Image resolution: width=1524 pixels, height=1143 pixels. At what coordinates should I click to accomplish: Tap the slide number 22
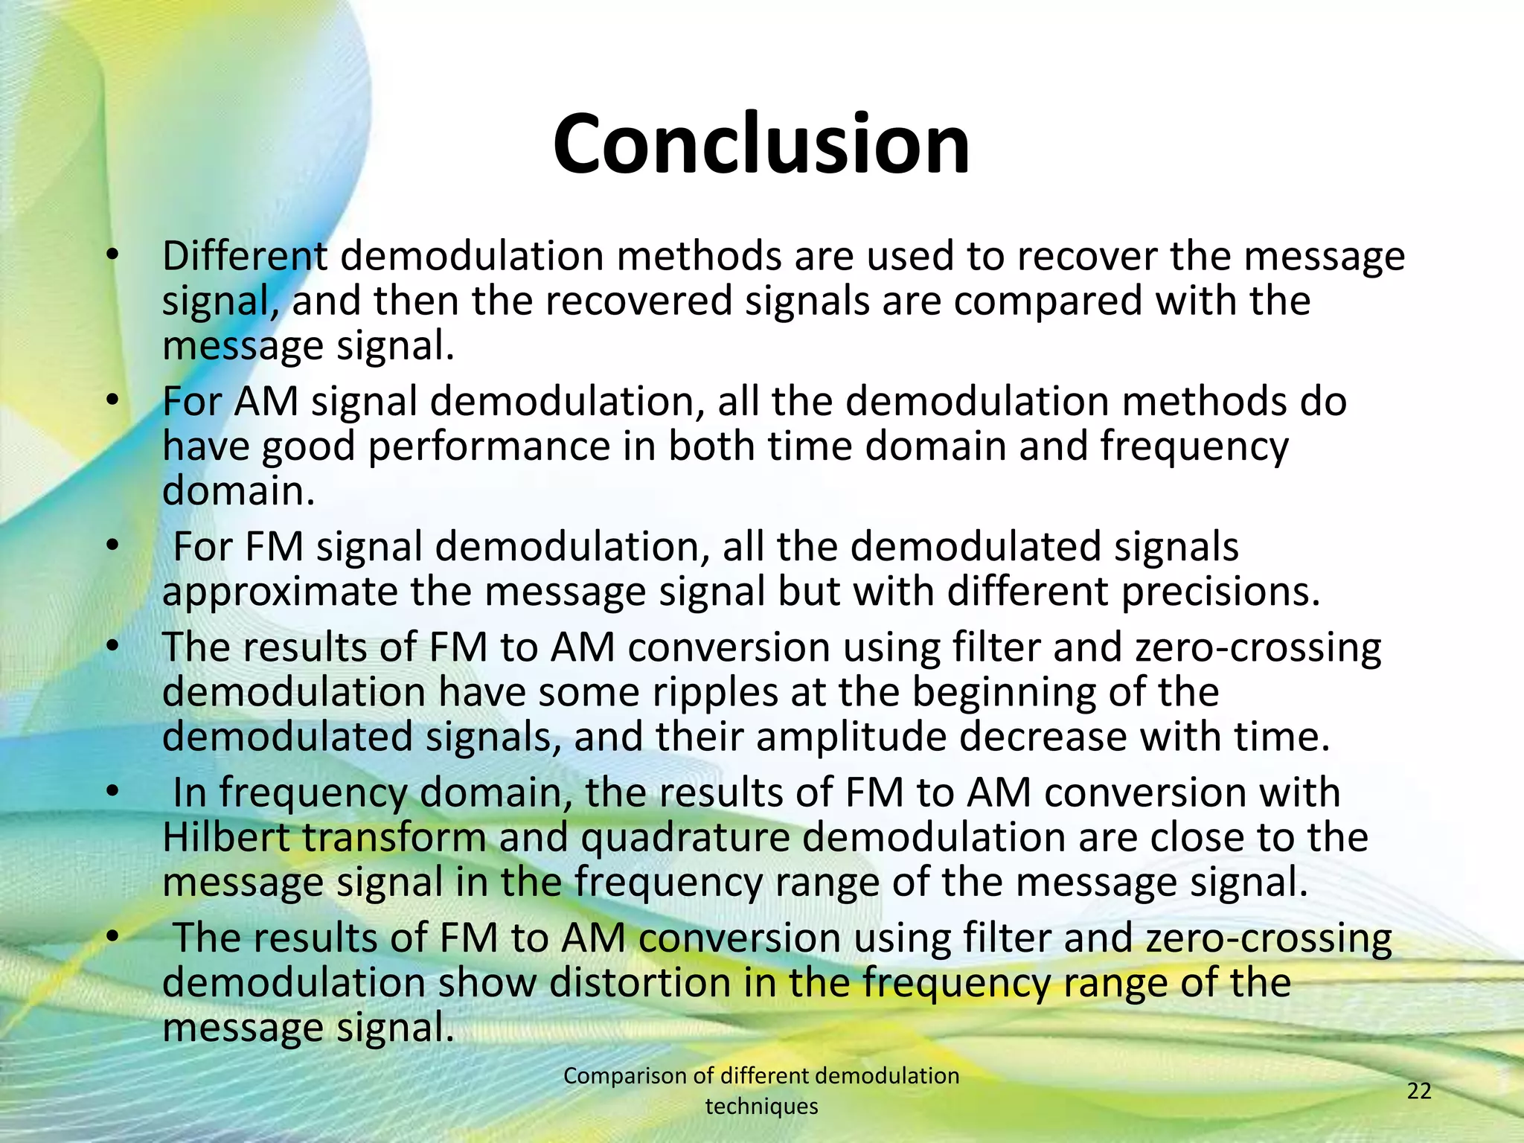click(1419, 1091)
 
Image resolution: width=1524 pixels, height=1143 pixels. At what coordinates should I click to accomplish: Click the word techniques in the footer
click(761, 1107)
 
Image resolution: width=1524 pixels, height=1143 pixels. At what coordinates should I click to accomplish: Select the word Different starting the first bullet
click(245, 256)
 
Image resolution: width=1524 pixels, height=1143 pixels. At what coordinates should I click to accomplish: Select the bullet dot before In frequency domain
click(112, 793)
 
